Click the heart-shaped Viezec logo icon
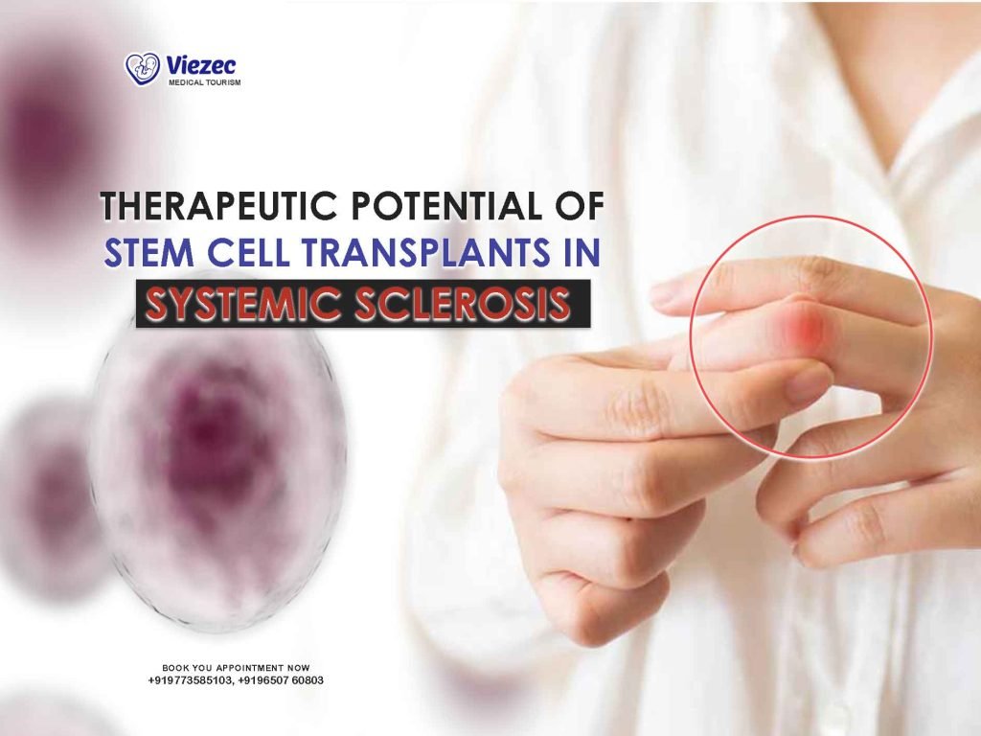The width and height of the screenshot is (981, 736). [x=140, y=68]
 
